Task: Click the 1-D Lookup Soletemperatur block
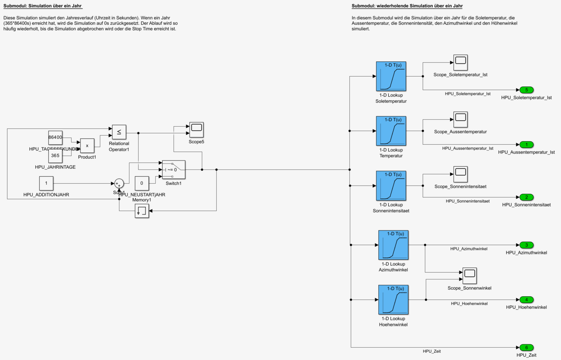(391, 76)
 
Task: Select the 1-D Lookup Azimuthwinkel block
(393, 245)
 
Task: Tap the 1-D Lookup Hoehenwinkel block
(393, 299)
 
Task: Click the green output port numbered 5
(526, 90)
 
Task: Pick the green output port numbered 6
(526, 348)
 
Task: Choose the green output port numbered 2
(526, 197)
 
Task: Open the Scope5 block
(196, 129)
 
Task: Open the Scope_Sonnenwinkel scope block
(469, 275)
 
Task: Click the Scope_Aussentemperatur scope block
(460, 119)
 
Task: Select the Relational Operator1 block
(119, 132)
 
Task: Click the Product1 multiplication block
(87, 146)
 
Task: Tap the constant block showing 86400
(55, 138)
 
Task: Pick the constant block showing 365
(55, 156)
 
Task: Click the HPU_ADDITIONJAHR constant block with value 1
(46, 183)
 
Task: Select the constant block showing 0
(141, 183)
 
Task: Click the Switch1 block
(174, 170)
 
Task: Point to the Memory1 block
(142, 211)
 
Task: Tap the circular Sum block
(119, 184)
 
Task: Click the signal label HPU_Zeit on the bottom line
(432, 352)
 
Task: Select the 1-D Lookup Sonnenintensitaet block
(391, 186)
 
